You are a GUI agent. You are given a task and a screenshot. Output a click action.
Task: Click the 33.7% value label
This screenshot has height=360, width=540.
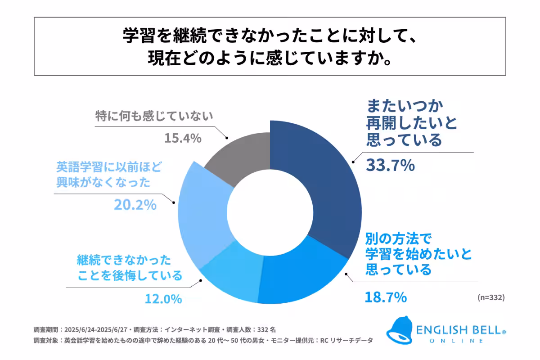390,165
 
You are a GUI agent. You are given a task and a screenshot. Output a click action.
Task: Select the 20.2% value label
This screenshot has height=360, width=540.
135,205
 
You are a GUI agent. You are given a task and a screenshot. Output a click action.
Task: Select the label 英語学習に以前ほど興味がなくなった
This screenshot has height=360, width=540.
108,175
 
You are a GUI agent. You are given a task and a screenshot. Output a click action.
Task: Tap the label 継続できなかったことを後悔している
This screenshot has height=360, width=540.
130,267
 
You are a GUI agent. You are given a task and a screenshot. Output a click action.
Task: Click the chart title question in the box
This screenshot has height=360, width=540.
270,47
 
